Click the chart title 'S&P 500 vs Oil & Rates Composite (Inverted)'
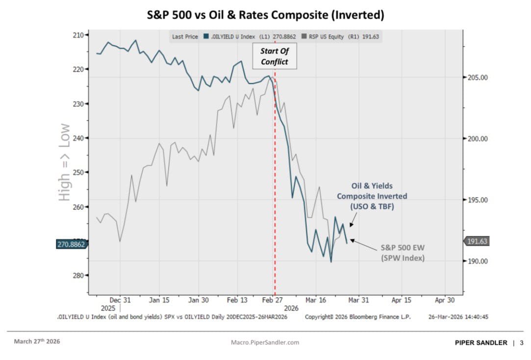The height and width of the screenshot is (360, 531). coord(265,15)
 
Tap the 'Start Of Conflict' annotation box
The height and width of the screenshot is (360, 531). coord(274,56)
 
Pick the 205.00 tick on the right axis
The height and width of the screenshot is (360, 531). coord(477,77)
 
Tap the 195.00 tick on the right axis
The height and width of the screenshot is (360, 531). coord(477,200)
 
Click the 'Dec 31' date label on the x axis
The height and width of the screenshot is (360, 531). coord(120,300)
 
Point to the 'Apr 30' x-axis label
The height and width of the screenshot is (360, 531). coord(445,300)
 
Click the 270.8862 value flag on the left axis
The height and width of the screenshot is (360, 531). coord(70,244)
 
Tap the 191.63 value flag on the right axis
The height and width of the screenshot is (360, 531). coord(477,241)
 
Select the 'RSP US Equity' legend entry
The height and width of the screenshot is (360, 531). coord(326,37)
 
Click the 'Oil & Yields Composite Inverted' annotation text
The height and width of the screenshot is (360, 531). coord(372,196)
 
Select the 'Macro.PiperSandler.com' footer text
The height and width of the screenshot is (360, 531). coord(265,342)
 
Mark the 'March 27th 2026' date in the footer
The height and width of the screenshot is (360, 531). coord(37,341)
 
